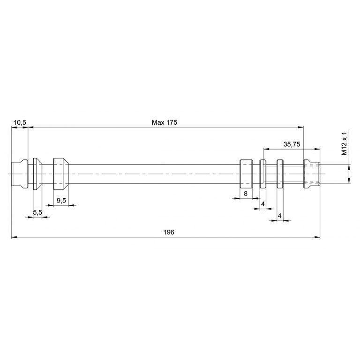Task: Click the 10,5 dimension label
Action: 20,123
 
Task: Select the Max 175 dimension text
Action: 165,122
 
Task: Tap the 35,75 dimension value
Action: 292,144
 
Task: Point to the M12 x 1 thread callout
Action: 344,144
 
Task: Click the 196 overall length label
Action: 169,232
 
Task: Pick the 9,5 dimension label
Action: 61,201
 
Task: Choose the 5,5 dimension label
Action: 37,213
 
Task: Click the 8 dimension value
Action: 246,194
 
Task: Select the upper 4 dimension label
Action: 263,204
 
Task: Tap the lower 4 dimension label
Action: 280,216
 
